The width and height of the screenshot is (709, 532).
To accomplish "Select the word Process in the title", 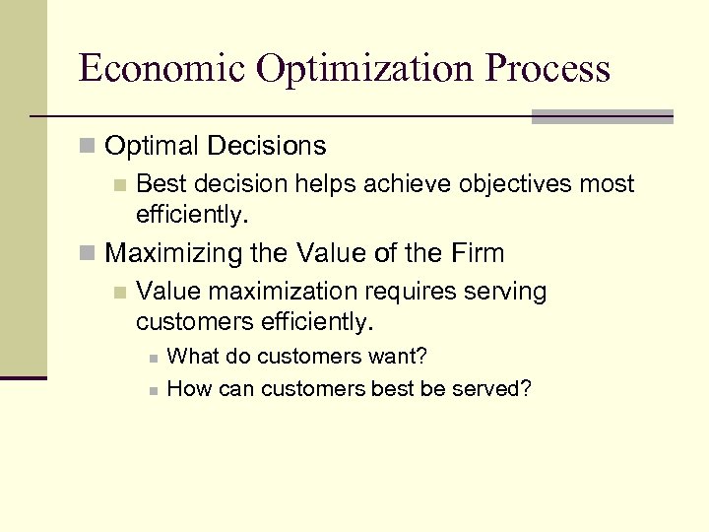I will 548,69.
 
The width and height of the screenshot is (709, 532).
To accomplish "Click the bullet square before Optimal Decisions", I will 88,148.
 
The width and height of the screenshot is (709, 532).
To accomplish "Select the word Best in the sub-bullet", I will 161,184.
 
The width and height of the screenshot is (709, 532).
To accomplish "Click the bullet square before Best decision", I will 119,185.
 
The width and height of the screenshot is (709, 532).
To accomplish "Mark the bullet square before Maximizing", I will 88,254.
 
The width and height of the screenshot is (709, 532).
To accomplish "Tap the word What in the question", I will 191,356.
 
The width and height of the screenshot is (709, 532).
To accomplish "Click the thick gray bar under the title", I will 602,116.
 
